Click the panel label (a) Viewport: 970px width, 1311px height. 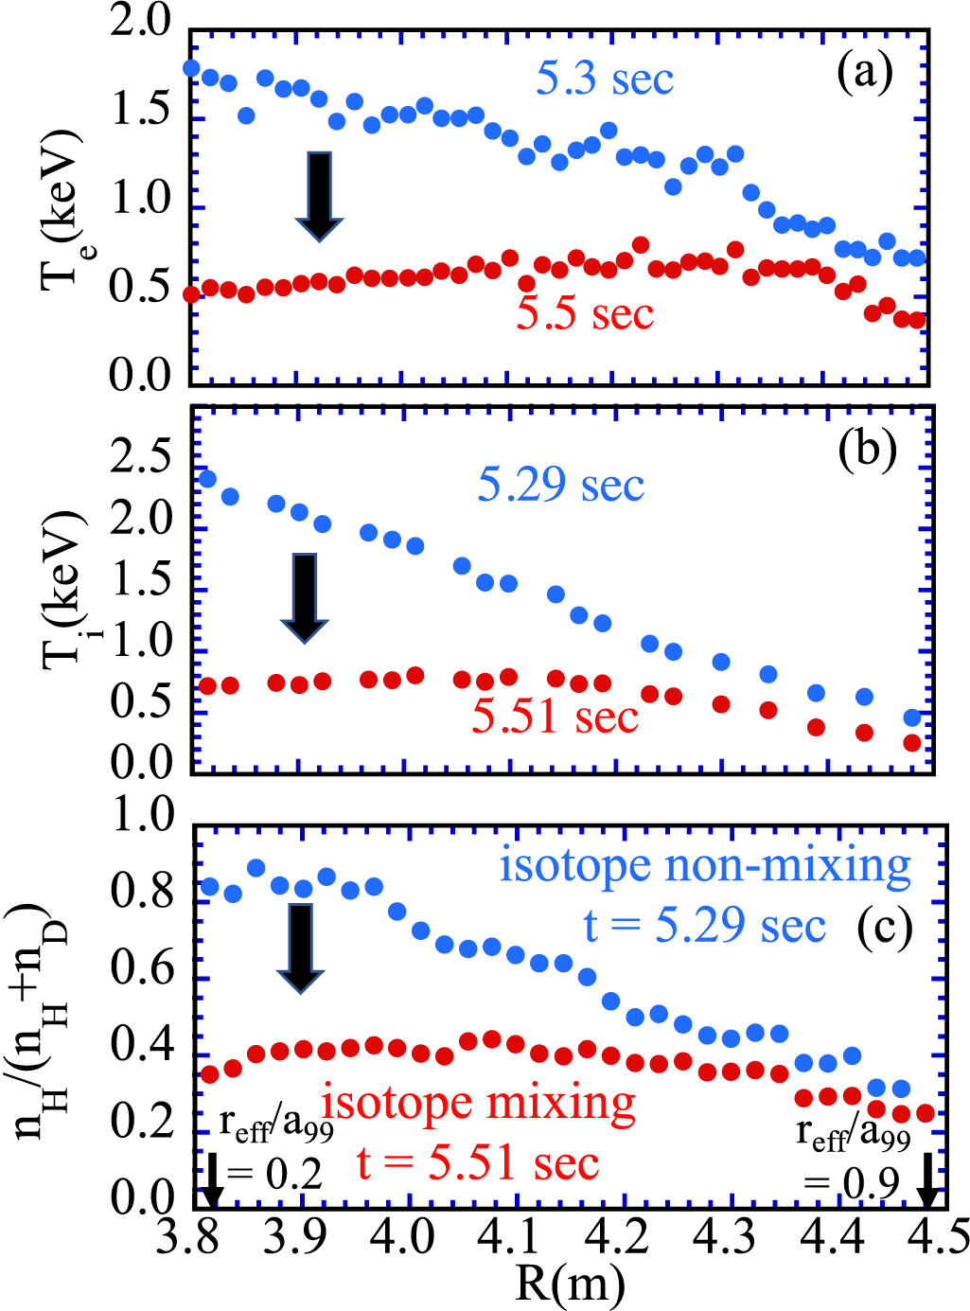pyautogui.click(x=865, y=73)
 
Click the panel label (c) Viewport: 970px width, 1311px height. pyautogui.click(x=884, y=929)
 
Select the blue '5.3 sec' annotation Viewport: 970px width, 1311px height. pyautogui.click(x=605, y=79)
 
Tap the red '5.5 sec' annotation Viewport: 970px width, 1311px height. pyautogui.click(x=585, y=313)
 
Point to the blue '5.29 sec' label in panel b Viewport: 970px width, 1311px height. pyautogui.click(x=560, y=486)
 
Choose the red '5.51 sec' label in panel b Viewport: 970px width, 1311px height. pyautogui.click(x=555, y=718)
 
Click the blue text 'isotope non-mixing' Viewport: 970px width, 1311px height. pyautogui.click(x=705, y=866)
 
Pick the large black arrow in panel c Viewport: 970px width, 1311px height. pyautogui.click(x=300, y=948)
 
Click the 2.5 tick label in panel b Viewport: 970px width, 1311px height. pyautogui.click(x=141, y=457)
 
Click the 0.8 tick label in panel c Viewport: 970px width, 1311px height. pyautogui.click(x=141, y=892)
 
